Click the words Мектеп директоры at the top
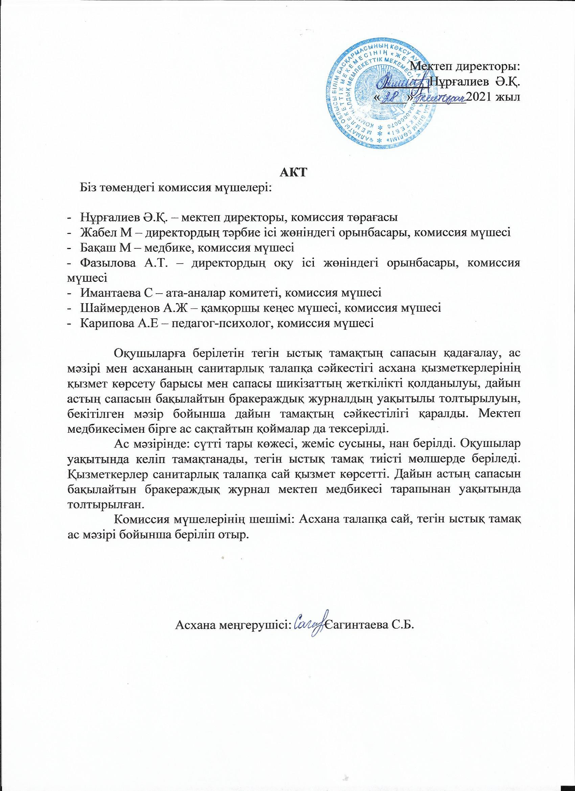coord(465,66)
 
